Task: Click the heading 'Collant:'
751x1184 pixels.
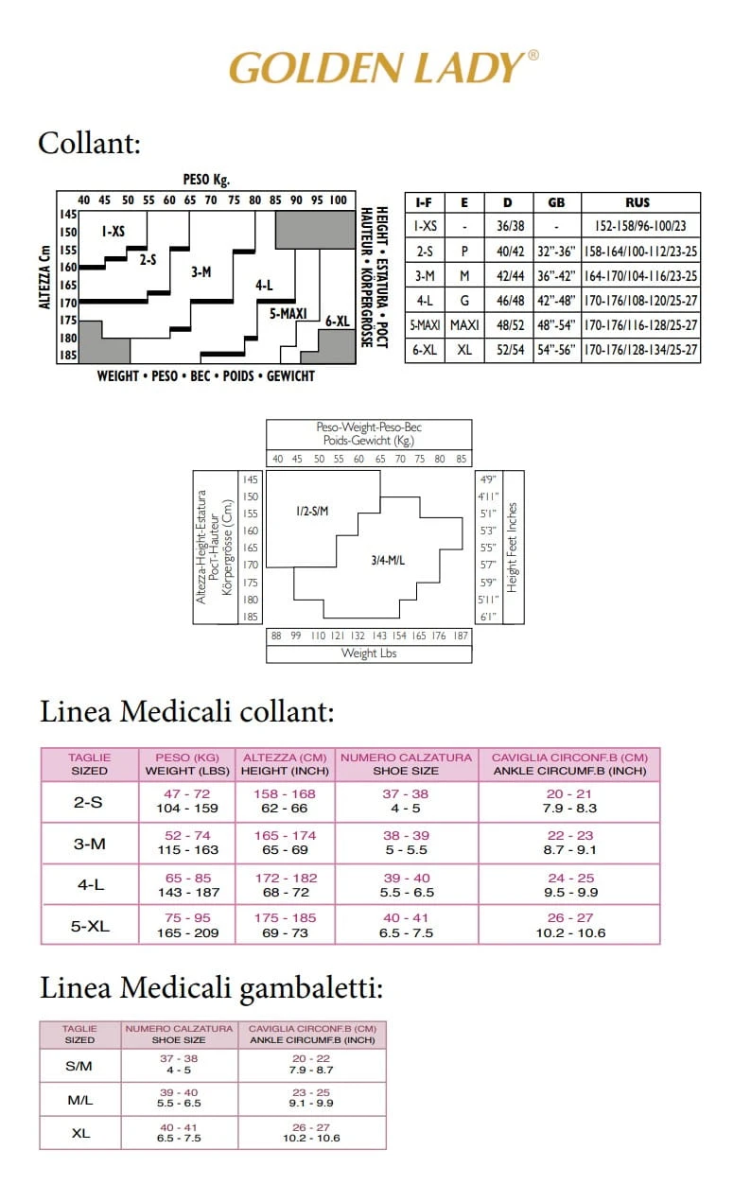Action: pos(89,143)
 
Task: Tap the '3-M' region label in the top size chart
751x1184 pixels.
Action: pos(201,271)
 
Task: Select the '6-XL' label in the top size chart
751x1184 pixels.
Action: pos(338,321)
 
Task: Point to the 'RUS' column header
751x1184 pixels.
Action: pos(637,202)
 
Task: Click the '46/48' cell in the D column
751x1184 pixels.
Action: pos(508,301)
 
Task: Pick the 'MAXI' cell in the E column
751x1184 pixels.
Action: pos(464,325)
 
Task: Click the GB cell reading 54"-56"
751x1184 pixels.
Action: pos(556,350)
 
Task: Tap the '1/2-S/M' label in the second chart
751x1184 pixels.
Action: pos(311,512)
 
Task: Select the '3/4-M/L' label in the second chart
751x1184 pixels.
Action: pos(388,560)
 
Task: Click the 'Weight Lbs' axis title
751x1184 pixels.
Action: pos(368,653)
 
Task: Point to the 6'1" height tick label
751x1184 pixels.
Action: pos(488,617)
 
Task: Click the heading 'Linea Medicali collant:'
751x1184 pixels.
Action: pos(187,711)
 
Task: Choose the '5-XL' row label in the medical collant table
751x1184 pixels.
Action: pos(91,927)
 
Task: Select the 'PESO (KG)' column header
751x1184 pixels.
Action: pos(187,757)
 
